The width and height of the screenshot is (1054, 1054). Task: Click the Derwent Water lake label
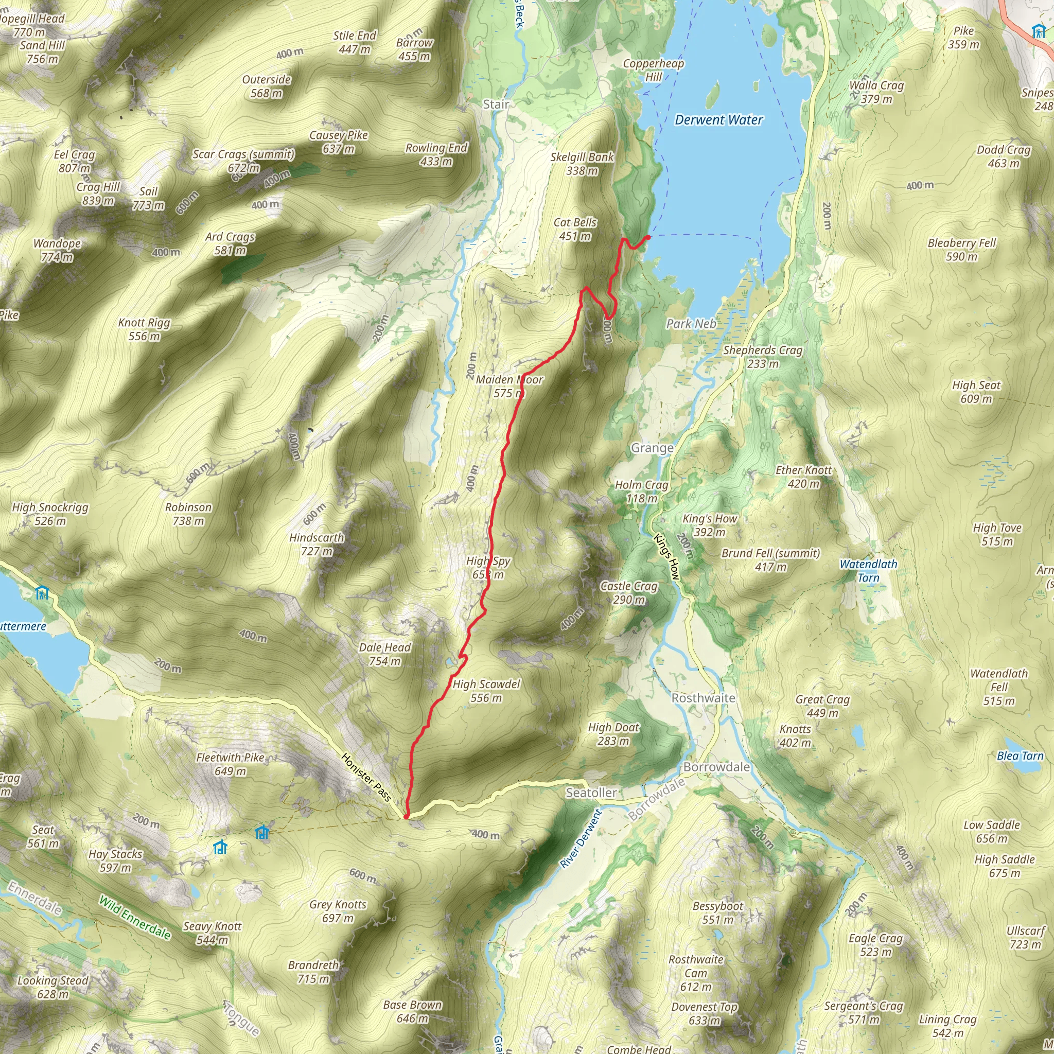coord(718,120)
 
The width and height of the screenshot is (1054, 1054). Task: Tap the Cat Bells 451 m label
coord(575,229)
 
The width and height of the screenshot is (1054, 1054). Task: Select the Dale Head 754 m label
coord(384,654)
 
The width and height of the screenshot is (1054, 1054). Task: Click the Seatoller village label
coord(591,793)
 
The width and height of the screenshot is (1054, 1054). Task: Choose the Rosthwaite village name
coord(702,698)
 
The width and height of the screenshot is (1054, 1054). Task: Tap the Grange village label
coord(652,448)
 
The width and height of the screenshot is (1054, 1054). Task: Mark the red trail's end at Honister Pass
coord(406,816)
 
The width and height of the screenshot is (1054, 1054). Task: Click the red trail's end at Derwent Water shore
coord(647,237)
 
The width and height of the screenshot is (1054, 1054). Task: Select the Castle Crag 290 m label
coord(628,592)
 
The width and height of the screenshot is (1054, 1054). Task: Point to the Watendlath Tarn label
coord(868,571)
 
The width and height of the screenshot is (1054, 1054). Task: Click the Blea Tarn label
coord(1020,756)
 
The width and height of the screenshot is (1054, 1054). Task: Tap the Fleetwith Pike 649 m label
coord(230,764)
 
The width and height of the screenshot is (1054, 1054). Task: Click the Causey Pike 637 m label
coord(338,142)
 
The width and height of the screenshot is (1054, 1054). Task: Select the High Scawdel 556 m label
coord(486,691)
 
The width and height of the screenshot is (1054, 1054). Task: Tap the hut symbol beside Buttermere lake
coord(42,592)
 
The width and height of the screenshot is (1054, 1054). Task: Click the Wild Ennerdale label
coord(135,918)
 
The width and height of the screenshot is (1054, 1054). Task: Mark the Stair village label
coord(496,104)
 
